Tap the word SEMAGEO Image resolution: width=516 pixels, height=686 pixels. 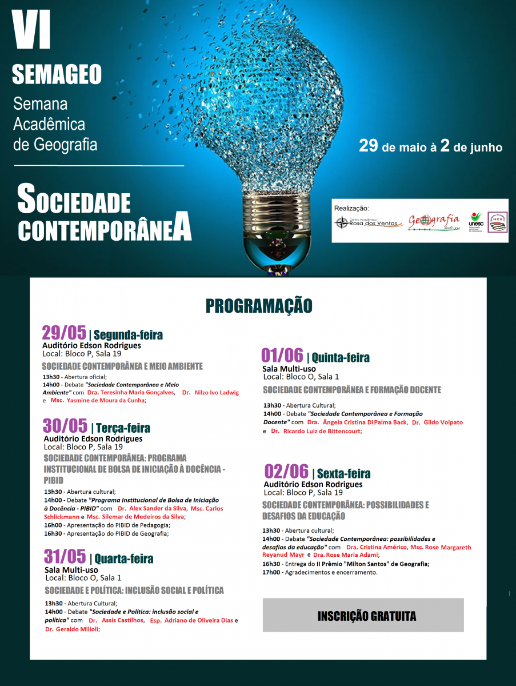coord(57,74)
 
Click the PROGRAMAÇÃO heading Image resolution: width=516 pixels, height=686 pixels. coord(259,306)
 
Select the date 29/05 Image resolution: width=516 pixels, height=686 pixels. coord(64,333)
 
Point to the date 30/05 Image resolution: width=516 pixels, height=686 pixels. coord(65,426)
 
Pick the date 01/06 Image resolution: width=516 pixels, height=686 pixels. coord(282,356)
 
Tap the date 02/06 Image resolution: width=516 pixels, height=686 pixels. coord(286,472)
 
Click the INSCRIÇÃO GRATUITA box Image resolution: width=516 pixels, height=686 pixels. coord(363,615)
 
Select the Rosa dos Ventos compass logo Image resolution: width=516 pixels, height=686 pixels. coord(342,223)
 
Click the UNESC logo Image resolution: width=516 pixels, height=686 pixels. coord(475,221)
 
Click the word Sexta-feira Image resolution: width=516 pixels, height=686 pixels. coord(343,473)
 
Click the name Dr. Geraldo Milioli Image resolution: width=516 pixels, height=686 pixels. coord(73,629)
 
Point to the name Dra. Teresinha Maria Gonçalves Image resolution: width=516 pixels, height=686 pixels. coord(131,393)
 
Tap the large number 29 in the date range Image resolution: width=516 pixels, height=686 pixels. coord(369,146)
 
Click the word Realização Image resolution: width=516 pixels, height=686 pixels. coord(351,208)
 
